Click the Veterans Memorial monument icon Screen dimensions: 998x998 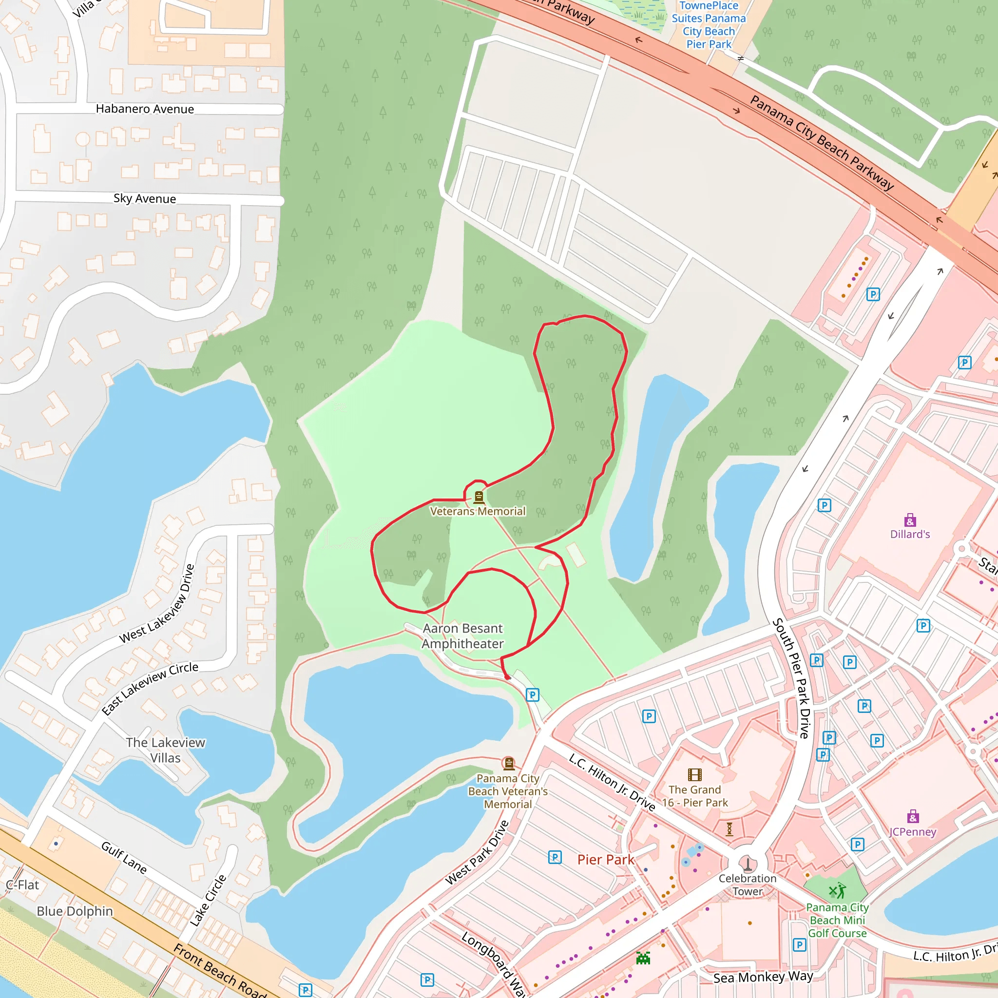tap(479, 497)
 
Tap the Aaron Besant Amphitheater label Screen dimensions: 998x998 tap(463, 636)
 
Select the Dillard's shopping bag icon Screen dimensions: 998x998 tap(910, 519)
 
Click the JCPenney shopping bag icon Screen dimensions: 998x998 tap(913, 817)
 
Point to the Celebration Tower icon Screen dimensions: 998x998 tap(748, 863)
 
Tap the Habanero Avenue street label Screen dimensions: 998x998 tap(145, 109)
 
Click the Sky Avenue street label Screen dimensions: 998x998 tap(145, 199)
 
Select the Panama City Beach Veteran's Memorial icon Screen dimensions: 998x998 tap(509, 764)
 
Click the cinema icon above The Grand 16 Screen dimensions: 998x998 tap(695, 774)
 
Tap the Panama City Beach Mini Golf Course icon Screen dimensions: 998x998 tap(837, 892)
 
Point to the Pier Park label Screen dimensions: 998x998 tap(605, 860)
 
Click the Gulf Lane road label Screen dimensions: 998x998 tap(124, 858)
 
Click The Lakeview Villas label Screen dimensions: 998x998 tap(165, 750)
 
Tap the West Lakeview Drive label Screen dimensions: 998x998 tap(157, 604)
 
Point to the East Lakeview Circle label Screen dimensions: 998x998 tap(150, 689)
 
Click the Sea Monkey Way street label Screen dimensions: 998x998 tap(763, 978)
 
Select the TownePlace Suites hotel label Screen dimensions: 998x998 tap(709, 25)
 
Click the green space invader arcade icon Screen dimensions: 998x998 tap(643, 958)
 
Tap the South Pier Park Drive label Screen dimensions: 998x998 tap(791, 678)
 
